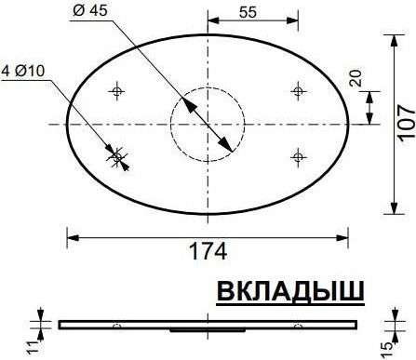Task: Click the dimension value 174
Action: click(x=208, y=251)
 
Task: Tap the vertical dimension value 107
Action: click(x=403, y=122)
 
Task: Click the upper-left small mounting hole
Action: click(x=117, y=90)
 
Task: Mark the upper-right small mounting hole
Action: click(x=298, y=90)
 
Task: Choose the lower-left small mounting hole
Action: click(x=117, y=155)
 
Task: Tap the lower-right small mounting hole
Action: click(x=298, y=155)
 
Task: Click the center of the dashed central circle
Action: click(x=208, y=123)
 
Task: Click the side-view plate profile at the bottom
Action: click(x=208, y=324)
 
